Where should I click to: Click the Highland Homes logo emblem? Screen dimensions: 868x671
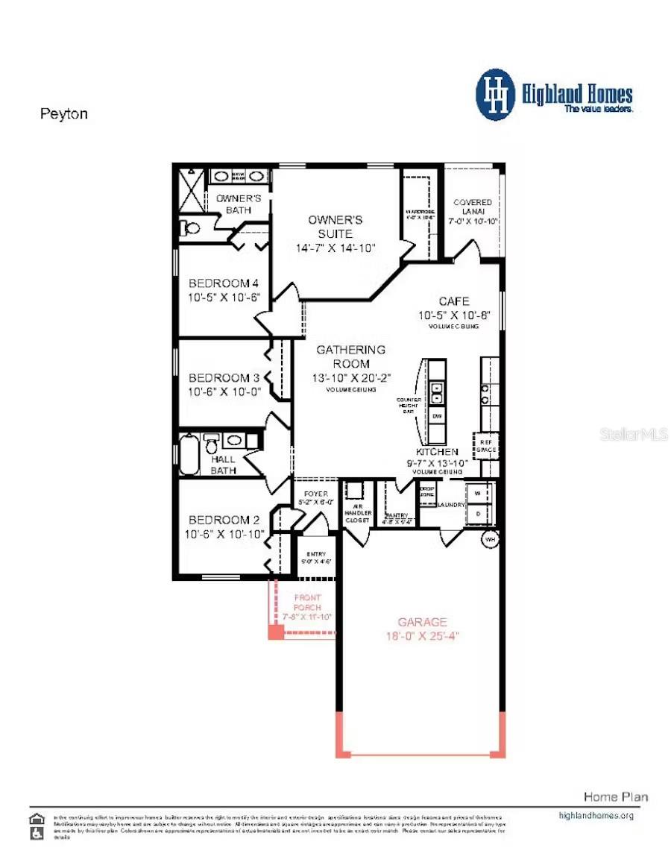pyautogui.click(x=496, y=95)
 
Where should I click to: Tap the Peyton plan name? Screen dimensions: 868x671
pyautogui.click(x=63, y=114)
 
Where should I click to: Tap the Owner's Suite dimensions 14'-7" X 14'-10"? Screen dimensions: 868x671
pyautogui.click(x=335, y=248)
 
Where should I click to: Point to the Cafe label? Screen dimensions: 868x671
pyautogui.click(x=454, y=301)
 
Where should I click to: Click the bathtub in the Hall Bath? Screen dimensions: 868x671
pyautogui.click(x=189, y=454)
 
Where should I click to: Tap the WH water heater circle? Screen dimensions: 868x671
pyautogui.click(x=490, y=538)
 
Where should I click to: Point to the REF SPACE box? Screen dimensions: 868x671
pyautogui.click(x=485, y=445)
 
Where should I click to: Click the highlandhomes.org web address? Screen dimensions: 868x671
pyautogui.click(x=596, y=816)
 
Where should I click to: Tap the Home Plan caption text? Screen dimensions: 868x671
pyautogui.click(x=615, y=797)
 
